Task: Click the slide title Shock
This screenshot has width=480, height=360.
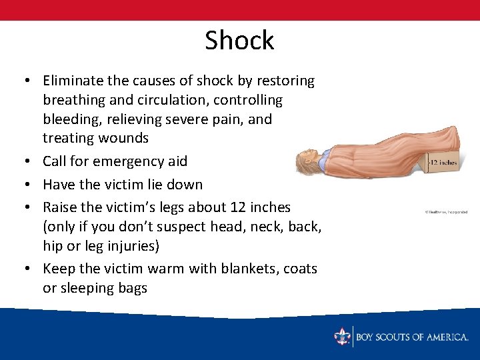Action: tap(239, 41)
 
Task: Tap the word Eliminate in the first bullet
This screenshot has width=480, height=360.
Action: tap(72, 81)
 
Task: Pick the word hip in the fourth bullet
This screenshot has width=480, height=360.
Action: tap(53, 246)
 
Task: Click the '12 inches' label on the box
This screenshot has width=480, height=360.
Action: tap(443, 163)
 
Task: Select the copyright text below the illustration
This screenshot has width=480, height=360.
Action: tap(447, 212)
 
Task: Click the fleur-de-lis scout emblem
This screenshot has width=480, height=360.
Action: tap(343, 336)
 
